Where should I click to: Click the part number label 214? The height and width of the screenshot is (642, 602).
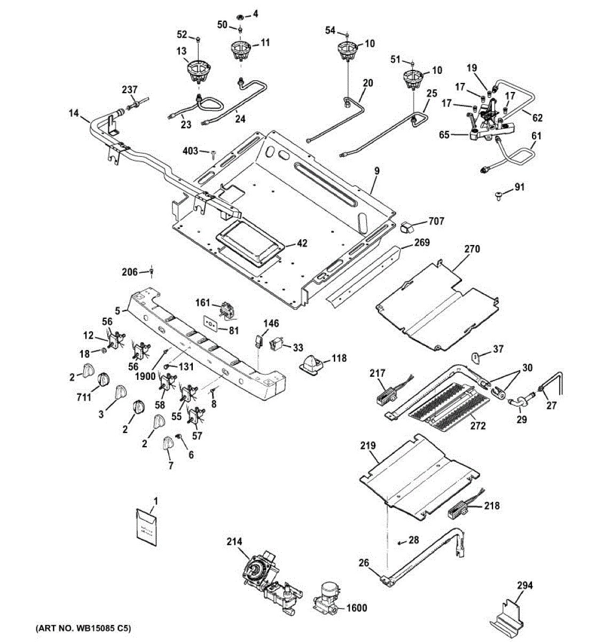point(234,541)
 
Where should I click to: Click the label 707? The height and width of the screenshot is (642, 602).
point(436,221)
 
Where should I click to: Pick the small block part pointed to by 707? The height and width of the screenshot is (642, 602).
point(408,227)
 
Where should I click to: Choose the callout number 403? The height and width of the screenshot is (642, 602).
point(191,150)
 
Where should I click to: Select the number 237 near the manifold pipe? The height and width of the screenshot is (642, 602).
point(129,89)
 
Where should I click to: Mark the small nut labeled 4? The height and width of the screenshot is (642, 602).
point(240,16)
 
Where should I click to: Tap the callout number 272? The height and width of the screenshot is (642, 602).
point(478,425)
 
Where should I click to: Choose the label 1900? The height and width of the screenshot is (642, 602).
point(146,376)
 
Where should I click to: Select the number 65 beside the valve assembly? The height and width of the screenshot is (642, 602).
point(444,134)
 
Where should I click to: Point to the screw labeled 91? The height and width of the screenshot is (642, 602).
point(499,196)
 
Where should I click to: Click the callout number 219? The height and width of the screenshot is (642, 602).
point(368,446)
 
